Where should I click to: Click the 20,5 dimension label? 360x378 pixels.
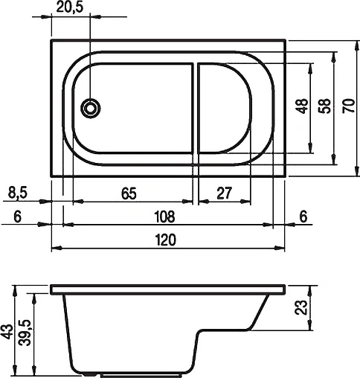click(69, 8)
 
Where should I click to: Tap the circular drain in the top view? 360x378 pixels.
click(91, 109)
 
